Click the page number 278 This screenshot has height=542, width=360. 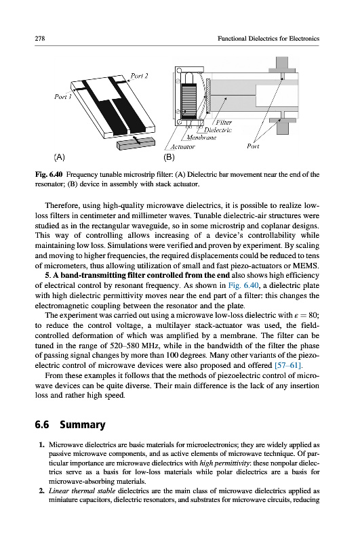click(x=40, y=39)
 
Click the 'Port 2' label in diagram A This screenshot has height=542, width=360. click(x=140, y=76)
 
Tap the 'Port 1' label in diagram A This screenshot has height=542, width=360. click(x=62, y=96)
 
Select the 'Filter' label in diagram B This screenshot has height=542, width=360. click(x=224, y=123)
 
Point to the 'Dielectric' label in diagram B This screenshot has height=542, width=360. click(x=218, y=130)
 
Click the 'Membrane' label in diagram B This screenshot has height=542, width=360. click(x=201, y=138)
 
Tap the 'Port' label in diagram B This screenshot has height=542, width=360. click(x=253, y=146)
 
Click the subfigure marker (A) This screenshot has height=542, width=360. click(x=60, y=157)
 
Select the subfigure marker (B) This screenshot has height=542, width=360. click(x=169, y=157)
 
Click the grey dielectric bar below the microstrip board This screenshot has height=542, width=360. click(x=135, y=143)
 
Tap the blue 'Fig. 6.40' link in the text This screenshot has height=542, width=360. click(x=243, y=285)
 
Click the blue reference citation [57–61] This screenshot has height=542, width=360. click(x=288, y=365)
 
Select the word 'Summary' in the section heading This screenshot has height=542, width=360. click(x=83, y=425)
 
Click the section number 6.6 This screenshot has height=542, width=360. click(x=42, y=425)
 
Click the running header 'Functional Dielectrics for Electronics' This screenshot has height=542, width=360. click(x=268, y=39)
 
